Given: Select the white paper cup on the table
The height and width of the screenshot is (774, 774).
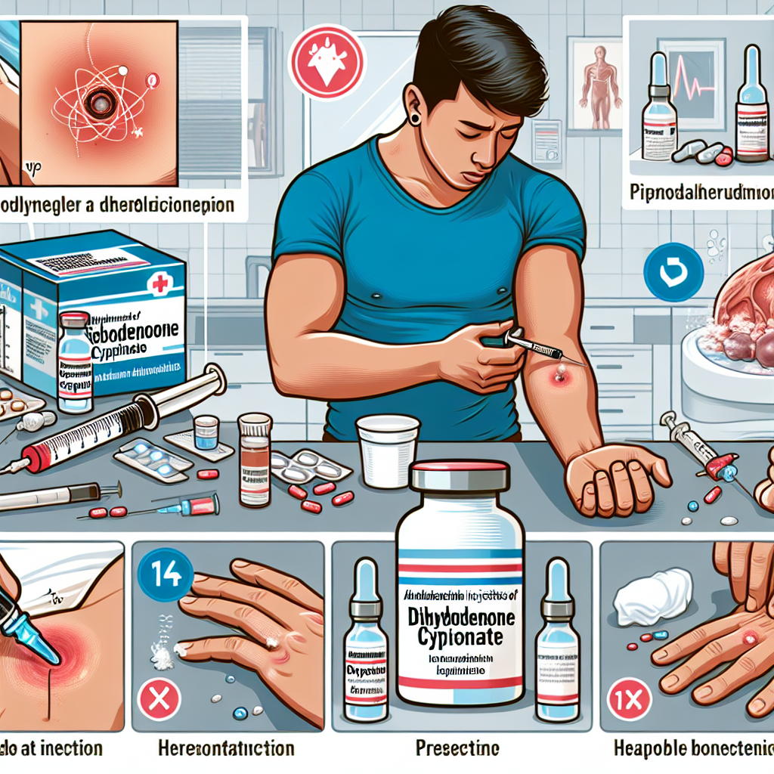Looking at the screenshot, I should click(387, 450).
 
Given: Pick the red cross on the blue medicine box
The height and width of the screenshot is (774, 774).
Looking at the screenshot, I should click(159, 286).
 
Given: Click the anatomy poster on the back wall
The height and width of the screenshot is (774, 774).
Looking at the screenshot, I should click(597, 85).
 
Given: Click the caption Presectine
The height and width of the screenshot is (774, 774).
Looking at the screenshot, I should click(457, 748).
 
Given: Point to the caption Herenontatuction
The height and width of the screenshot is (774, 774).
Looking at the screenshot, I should click(227, 748).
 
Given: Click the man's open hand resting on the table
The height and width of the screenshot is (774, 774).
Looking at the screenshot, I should click(612, 479).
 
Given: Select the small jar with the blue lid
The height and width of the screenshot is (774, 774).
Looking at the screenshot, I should click(206, 433).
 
